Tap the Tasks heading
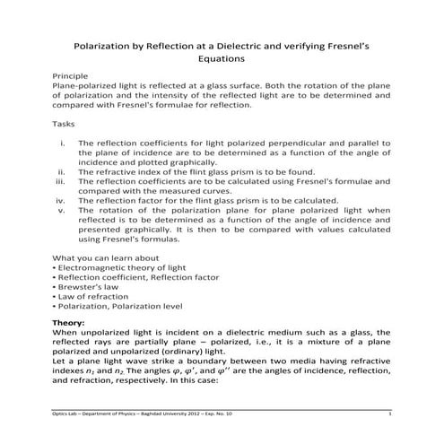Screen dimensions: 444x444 [65, 126]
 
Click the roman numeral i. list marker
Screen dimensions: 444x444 [62, 143]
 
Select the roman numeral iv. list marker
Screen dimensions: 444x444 [60, 200]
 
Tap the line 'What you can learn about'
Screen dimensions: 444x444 [104, 258]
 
